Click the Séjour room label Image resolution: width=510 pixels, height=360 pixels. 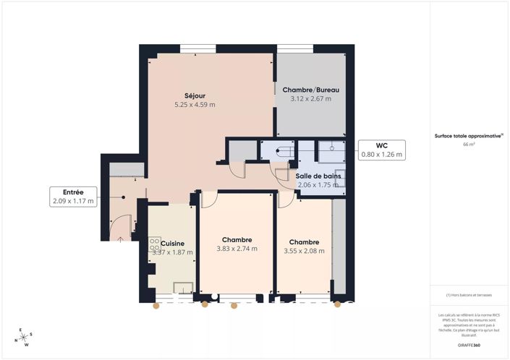tap(195, 95)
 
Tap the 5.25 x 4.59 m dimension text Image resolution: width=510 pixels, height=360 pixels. tap(195, 105)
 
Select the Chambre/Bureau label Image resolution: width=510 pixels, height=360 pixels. tap(310, 90)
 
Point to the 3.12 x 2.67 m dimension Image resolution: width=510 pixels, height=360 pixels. tap(310, 99)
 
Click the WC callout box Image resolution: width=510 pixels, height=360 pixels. tap(382, 150)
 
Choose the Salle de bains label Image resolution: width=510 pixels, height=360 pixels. tap(318, 176)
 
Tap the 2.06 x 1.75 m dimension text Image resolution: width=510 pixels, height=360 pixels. tap(318, 185)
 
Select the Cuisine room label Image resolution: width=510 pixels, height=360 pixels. tap(172, 243)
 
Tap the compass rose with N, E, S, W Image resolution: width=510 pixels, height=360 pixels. tap(23, 337)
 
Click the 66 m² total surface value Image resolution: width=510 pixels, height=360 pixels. tap(469, 145)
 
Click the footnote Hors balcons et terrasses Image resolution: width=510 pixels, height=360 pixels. tap(469, 295)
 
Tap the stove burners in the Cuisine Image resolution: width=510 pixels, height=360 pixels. tap(154, 245)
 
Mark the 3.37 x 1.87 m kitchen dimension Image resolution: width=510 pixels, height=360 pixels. tap(172, 252)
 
